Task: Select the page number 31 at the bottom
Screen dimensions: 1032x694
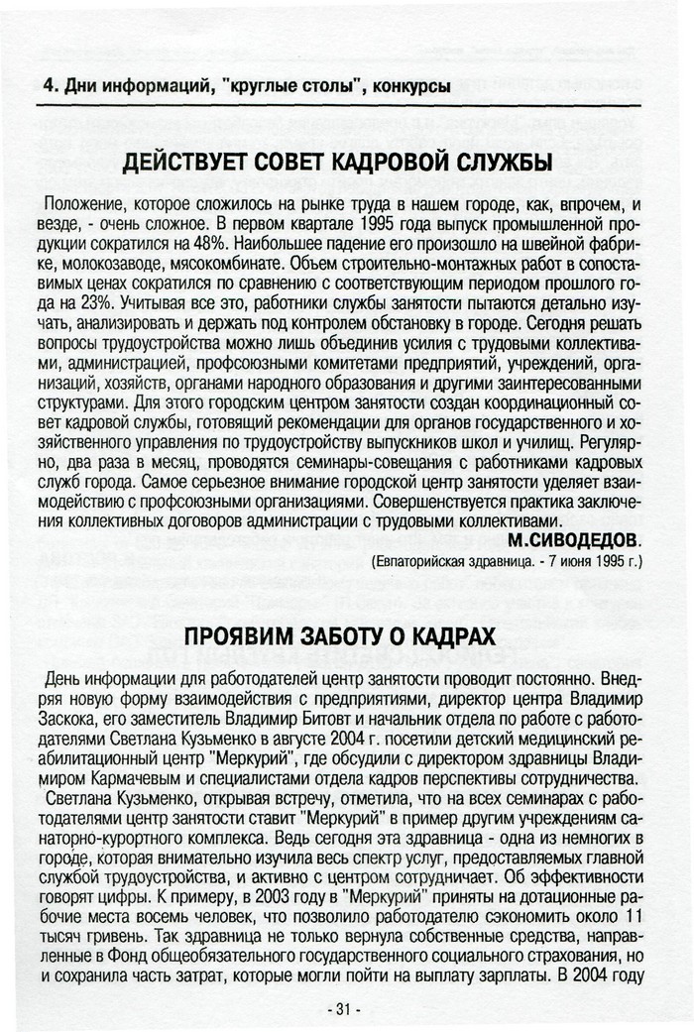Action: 344,1010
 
